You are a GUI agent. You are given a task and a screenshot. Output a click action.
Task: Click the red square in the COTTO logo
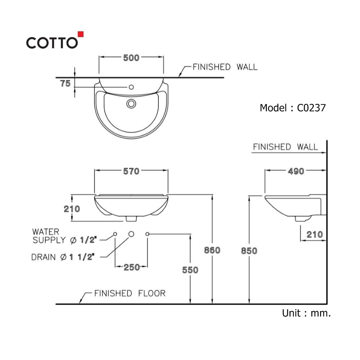81,34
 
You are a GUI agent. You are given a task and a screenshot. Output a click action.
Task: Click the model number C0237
311,108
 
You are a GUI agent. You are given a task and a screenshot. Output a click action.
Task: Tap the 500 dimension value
131,58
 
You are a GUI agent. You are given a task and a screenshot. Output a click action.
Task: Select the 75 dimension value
66,84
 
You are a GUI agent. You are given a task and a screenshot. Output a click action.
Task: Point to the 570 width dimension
131,171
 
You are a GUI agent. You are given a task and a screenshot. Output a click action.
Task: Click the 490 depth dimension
296,171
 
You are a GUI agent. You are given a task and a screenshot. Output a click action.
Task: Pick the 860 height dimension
212,250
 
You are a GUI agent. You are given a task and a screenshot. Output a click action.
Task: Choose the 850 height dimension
249,251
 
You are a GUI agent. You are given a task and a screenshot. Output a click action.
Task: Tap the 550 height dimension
190,270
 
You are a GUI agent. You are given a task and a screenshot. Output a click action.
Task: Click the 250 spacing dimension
131,267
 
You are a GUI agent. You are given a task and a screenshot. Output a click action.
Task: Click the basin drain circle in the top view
131,104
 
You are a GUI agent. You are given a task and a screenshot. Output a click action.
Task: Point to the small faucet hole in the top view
131,87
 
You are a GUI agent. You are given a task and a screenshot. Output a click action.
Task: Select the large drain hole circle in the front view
131,234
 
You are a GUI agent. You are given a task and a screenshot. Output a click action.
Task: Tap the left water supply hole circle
115,234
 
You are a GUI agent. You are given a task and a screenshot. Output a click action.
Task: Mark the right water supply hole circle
147,234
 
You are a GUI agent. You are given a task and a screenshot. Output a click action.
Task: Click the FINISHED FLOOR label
130,293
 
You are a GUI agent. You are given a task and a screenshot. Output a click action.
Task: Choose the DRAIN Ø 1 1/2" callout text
63,257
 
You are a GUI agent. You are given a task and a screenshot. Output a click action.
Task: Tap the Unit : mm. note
306,313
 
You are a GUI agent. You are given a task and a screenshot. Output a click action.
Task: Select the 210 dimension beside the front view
72,209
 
